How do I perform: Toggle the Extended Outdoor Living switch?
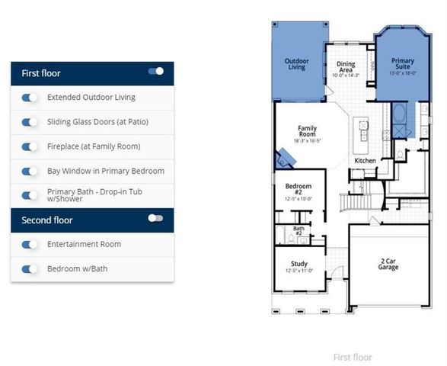pos(30,98)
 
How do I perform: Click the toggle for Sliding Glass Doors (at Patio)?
pos(30,122)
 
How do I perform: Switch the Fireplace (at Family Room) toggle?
pos(30,146)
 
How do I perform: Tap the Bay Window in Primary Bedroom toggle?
pos(30,171)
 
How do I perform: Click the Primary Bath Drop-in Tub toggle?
pos(30,195)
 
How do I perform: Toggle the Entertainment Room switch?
pos(30,245)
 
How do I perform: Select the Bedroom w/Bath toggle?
pos(30,269)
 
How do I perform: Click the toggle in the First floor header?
pos(156,72)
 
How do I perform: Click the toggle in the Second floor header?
pos(156,218)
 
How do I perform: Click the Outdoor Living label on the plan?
pos(296,64)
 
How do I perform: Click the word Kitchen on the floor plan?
pos(365,161)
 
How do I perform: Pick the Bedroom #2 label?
pos(298,189)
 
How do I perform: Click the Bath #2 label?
pos(299,230)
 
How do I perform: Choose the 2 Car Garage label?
pos(388,264)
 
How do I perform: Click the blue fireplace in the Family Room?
pos(286,159)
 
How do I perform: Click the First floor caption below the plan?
pos(353,357)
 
